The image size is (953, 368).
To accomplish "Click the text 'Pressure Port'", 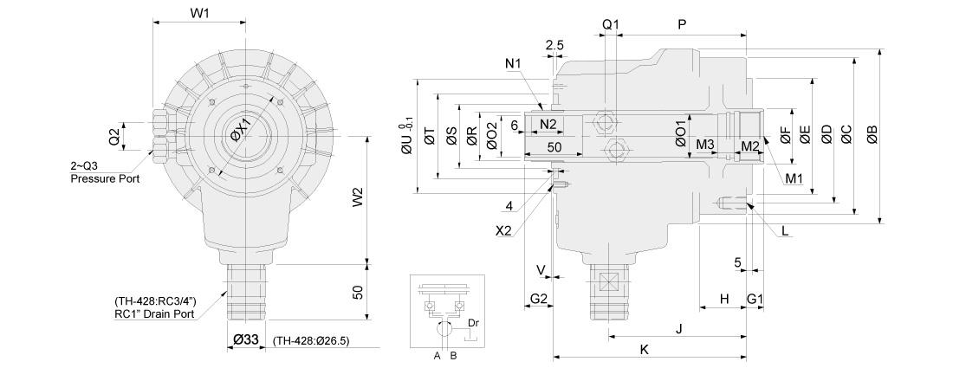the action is pos(105,179).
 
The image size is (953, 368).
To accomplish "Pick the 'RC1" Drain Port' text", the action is pos(154,314).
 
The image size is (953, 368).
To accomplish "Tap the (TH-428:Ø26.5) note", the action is pos(311,341).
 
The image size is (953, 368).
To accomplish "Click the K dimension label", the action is pos(645,349).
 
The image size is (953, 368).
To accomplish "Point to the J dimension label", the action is pos(680,328).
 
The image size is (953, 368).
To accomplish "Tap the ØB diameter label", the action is pos(872,134).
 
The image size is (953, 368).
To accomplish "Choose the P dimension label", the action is pos(681,24).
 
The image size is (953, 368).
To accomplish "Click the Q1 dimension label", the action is pos(610,24).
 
